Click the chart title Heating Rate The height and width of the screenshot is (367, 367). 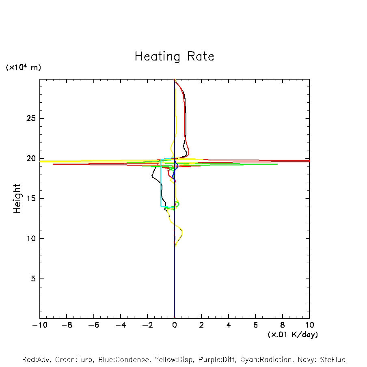click(174, 56)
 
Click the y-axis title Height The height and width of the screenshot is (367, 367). click(17, 199)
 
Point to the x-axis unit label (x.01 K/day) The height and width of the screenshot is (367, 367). click(292, 335)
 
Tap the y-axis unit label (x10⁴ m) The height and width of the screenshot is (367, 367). click(23, 67)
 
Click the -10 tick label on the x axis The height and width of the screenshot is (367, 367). click(39, 325)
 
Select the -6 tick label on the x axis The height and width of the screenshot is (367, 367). click(93, 325)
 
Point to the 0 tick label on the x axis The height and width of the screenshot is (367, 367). click(175, 325)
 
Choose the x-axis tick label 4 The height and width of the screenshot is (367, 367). click(229, 325)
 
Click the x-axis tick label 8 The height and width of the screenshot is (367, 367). click(283, 325)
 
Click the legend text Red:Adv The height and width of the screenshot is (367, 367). click(36, 360)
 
